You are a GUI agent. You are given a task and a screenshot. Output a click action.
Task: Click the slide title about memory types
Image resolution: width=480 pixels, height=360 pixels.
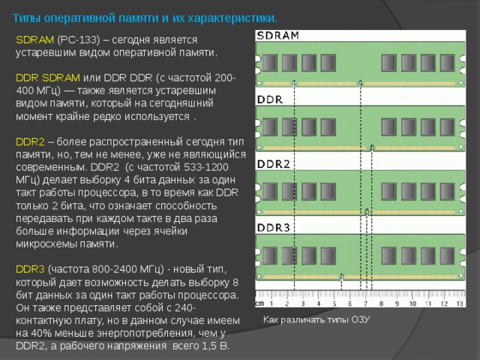(x=145, y=18)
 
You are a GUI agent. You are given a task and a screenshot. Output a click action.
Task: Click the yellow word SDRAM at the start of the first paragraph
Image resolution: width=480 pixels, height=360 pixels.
(x=35, y=40)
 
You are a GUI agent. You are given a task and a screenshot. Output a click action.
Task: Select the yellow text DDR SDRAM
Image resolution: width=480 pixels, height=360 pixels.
(x=48, y=78)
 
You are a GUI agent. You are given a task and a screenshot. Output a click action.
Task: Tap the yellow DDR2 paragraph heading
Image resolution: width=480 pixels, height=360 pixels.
(x=30, y=142)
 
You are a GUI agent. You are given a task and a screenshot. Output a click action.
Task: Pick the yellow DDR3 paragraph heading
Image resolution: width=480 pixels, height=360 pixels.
(x=30, y=269)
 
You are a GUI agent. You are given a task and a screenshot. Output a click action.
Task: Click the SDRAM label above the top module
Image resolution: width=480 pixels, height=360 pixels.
(x=278, y=36)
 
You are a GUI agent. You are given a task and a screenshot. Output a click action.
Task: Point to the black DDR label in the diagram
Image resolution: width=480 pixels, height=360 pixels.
(x=270, y=100)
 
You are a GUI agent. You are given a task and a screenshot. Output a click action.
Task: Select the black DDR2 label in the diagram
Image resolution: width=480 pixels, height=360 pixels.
(x=273, y=164)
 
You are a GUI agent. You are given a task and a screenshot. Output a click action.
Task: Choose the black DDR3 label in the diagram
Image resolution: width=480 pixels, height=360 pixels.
(x=273, y=228)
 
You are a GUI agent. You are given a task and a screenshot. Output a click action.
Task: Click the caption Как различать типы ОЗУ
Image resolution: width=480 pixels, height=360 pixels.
(x=316, y=319)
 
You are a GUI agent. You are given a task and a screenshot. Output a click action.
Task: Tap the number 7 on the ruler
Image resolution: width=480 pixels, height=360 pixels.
(x=365, y=304)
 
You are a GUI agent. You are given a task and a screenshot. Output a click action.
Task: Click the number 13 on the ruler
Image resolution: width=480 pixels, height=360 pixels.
(x=460, y=304)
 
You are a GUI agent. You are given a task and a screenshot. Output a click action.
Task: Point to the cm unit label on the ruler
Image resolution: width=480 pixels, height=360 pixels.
(x=259, y=304)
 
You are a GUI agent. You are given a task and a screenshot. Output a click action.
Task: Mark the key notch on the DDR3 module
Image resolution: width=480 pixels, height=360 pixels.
(x=342, y=277)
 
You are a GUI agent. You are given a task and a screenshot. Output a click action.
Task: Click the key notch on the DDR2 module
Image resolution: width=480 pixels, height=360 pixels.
(x=367, y=212)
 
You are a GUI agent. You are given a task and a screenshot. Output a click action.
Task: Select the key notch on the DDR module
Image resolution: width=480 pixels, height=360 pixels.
(x=372, y=148)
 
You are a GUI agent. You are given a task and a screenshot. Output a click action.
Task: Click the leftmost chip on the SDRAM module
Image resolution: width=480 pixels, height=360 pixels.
(x=270, y=63)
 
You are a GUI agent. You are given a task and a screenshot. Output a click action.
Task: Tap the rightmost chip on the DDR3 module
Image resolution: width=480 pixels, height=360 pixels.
(x=447, y=256)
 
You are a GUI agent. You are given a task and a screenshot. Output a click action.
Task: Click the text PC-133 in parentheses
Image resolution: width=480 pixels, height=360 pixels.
(x=79, y=40)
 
